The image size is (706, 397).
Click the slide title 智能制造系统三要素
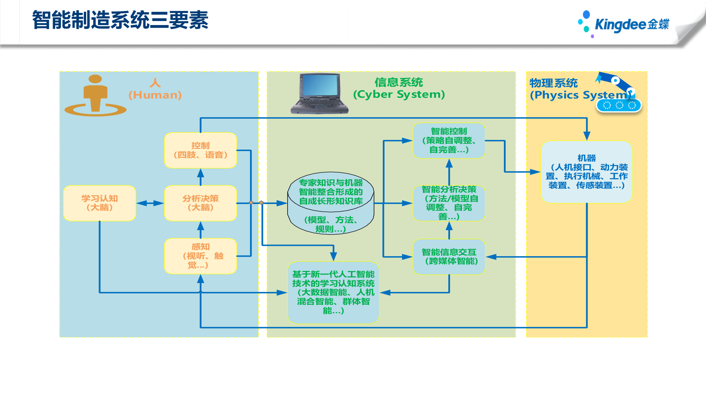click(x=120, y=20)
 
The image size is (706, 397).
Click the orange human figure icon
click(x=95, y=96)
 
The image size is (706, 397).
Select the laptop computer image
click(x=319, y=93)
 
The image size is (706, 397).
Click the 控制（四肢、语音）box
click(x=200, y=150)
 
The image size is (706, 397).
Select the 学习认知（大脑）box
click(x=99, y=203)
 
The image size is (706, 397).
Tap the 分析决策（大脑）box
click(x=200, y=203)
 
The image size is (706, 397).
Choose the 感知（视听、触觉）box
click(x=200, y=256)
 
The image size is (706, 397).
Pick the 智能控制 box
click(x=449, y=140)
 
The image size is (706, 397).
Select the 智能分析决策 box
click(x=449, y=203)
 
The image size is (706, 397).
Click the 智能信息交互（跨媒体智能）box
click(x=449, y=257)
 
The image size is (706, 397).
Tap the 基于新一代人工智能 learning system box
click(x=333, y=292)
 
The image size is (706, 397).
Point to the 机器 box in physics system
click(x=586, y=172)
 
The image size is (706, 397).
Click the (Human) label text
click(x=155, y=95)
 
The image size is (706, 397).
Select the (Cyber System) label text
click(x=399, y=94)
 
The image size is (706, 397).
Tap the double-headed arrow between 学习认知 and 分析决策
click(x=150, y=203)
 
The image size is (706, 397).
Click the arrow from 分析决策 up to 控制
click(x=200, y=177)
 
